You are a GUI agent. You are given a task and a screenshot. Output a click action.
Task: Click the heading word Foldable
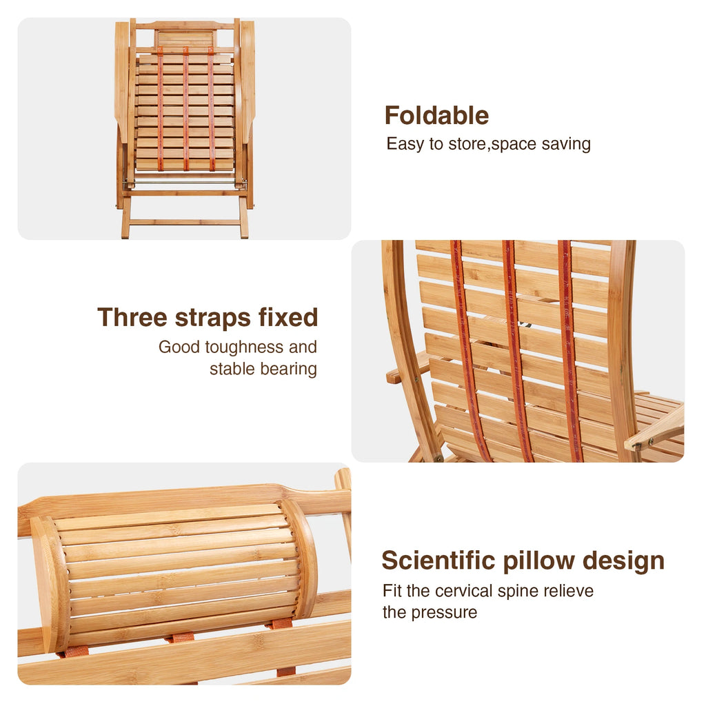coord(436,116)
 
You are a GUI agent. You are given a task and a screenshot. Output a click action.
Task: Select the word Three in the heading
coord(132,317)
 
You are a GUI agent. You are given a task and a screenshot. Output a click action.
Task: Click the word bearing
coord(289,368)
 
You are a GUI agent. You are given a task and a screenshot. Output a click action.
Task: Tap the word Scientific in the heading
coord(438,561)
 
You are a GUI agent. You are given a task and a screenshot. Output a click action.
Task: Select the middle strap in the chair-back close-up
coord(516,352)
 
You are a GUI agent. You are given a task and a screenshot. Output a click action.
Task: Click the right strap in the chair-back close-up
coord(569,352)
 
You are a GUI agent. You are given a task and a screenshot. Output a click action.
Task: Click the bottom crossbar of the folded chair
coord(185,222)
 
